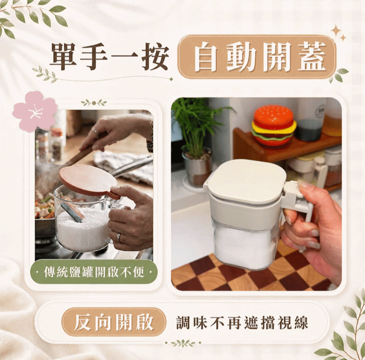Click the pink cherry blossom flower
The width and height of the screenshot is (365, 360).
(35, 111)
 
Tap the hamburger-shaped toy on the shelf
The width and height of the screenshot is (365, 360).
(274, 126)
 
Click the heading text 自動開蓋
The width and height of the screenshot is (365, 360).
(257, 57)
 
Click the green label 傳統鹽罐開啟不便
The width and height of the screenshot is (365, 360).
(94, 272)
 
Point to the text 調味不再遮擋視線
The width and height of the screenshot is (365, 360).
(242, 323)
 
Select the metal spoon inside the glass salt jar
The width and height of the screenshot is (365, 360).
(72, 212)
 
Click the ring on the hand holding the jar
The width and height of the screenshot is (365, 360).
(119, 238)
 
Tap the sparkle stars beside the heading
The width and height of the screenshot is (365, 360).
(338, 32)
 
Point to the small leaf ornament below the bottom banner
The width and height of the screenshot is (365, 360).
(183, 343)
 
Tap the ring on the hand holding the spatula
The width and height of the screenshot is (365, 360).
(95, 131)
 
